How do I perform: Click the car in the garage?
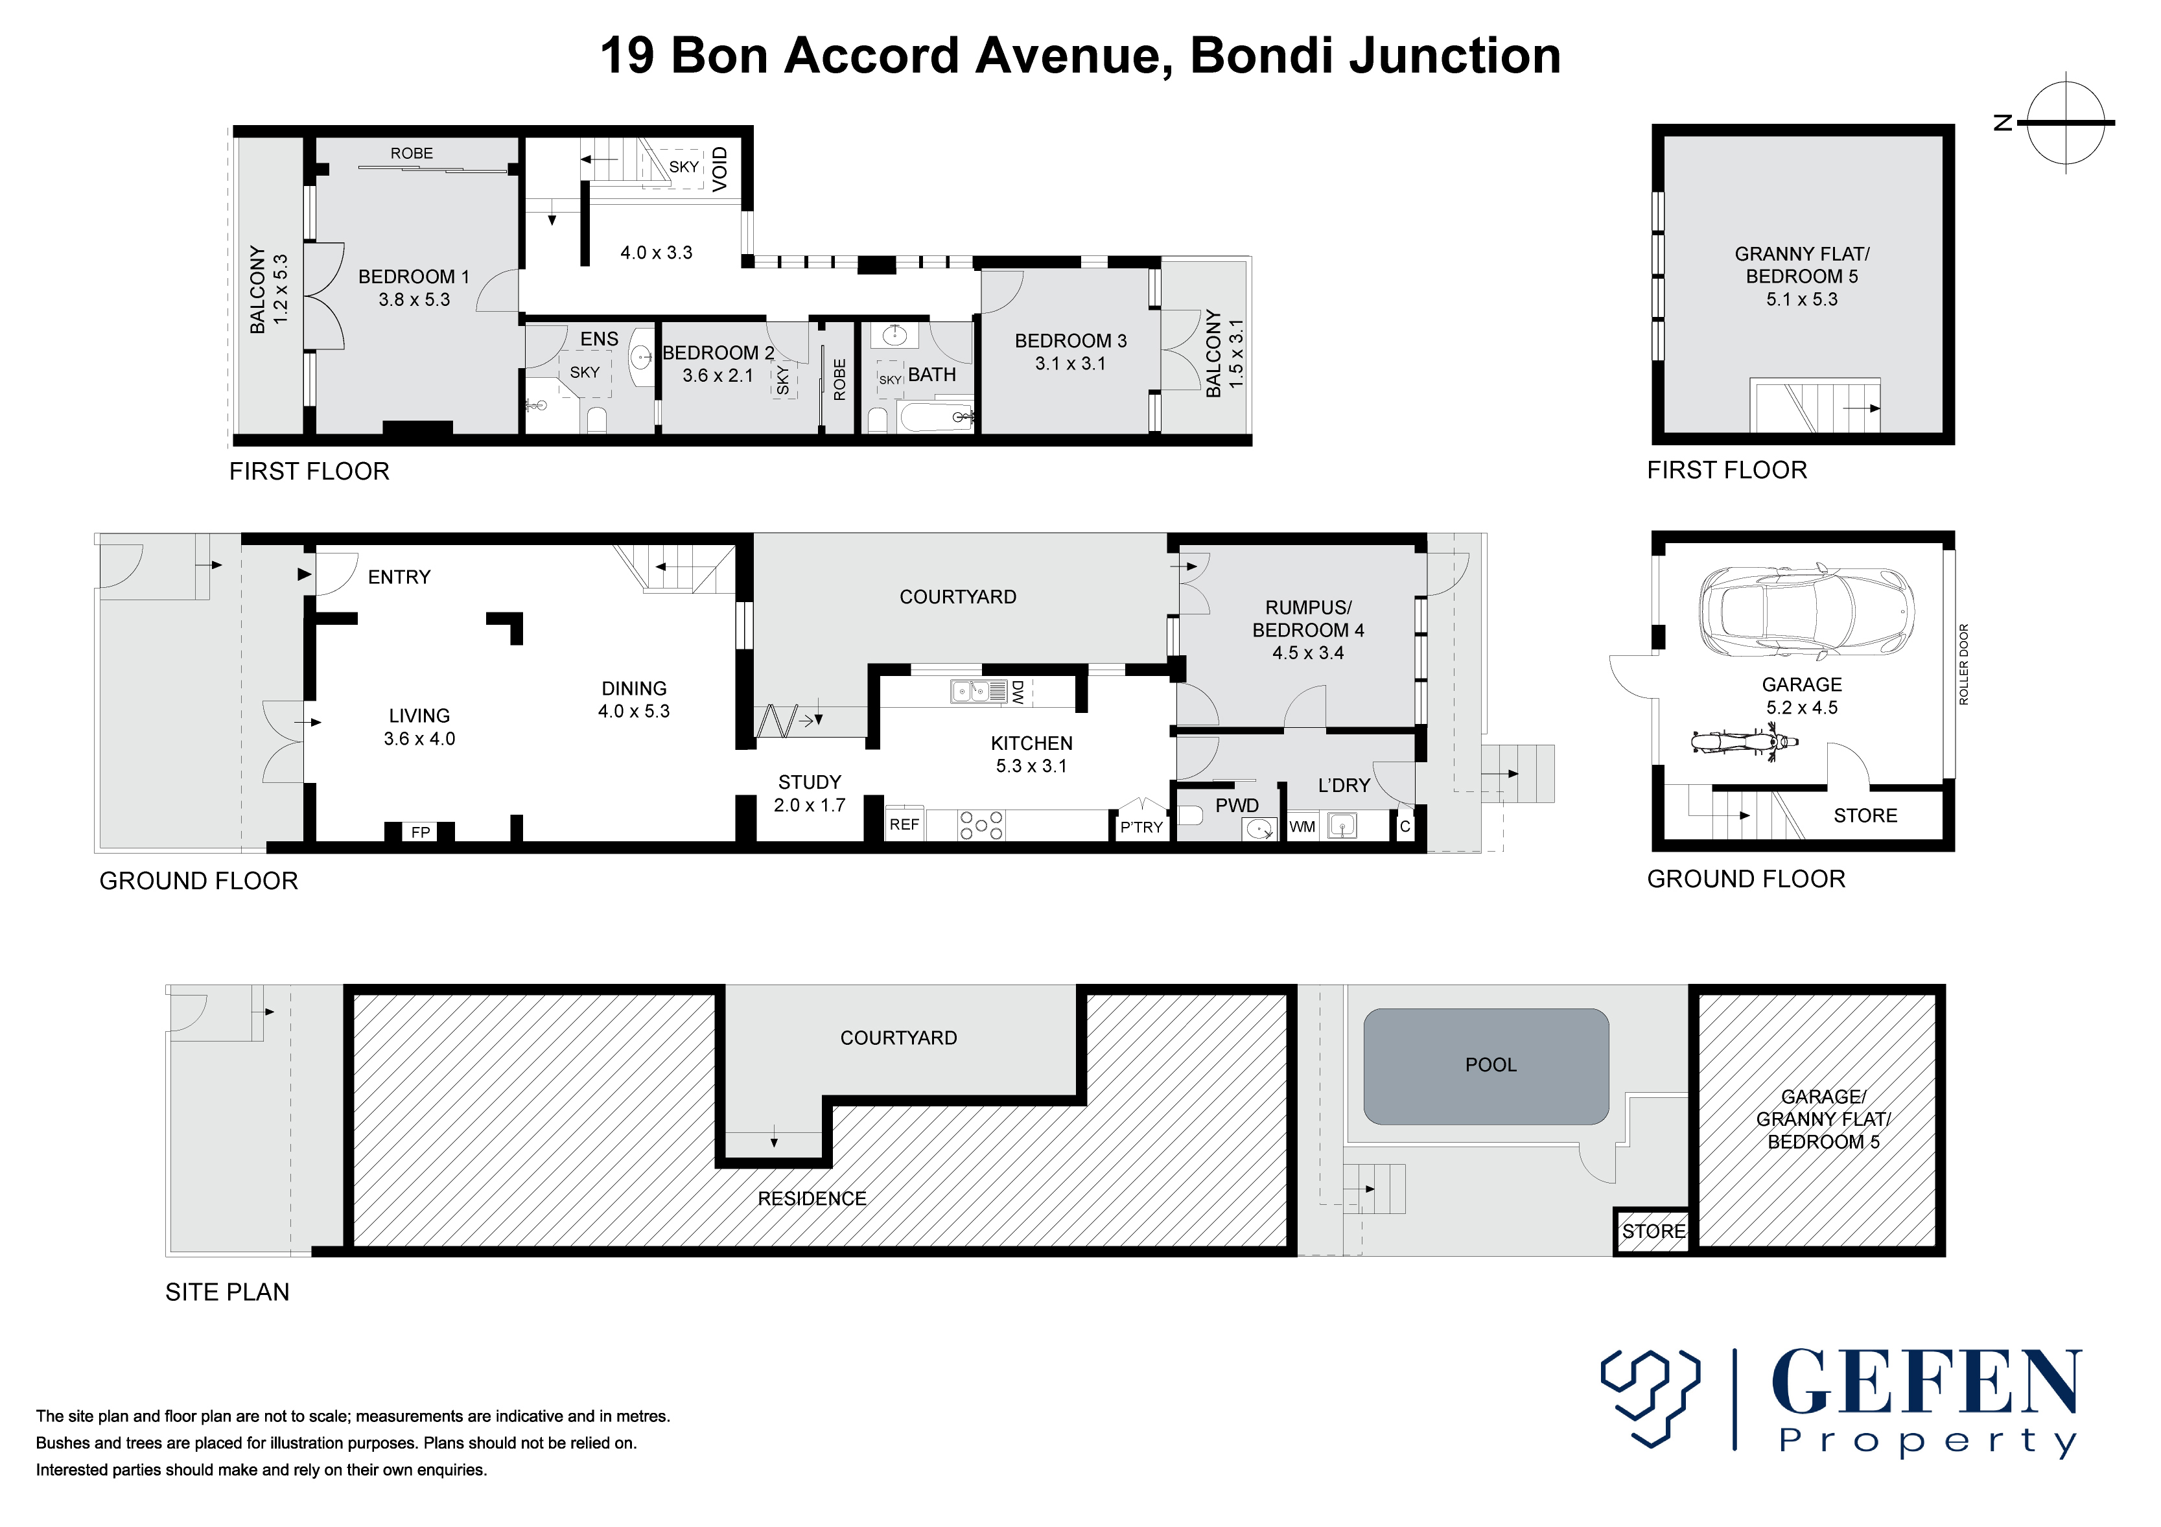coord(1806,611)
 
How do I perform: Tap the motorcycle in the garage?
coord(1744,743)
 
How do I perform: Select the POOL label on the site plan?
coord(1491,1065)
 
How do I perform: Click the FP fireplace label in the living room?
coord(421,832)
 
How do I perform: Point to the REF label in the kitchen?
coord(904,824)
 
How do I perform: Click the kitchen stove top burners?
coord(981,824)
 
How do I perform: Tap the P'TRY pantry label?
coord(1141,828)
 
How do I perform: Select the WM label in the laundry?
coord(1303,826)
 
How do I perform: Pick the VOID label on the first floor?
coord(720,169)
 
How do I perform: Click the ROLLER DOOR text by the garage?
coord(1963,664)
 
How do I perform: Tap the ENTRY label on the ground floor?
coord(399,577)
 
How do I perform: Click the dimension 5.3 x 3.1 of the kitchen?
coord(1031,766)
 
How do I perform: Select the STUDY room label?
coord(810,782)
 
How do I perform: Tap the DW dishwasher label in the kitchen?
coord(1018,693)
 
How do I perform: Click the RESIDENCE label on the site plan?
coord(812,1198)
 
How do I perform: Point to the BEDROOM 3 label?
coord(1070,341)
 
